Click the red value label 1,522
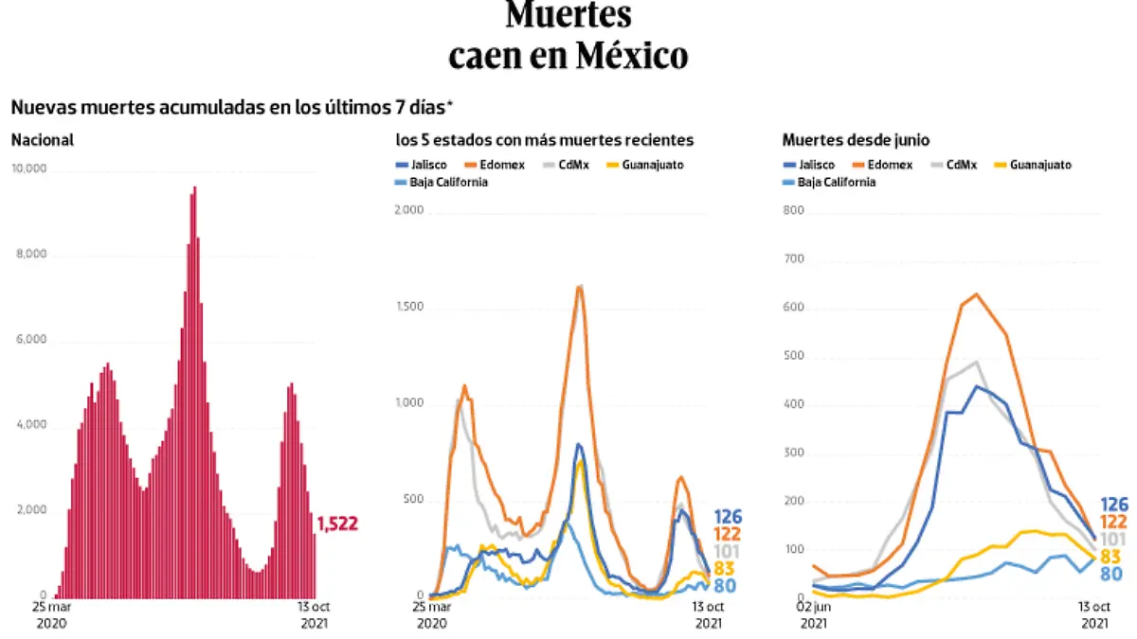pos(336,524)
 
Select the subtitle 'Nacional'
pos(43,140)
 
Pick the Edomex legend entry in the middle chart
pos(489,165)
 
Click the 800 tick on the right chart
pos(794,211)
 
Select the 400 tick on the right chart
pos(794,405)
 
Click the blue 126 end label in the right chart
pos(1114,505)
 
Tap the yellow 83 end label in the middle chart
pos(724,568)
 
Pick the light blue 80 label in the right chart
pos(1111,573)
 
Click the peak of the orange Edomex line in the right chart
pos(975,294)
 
